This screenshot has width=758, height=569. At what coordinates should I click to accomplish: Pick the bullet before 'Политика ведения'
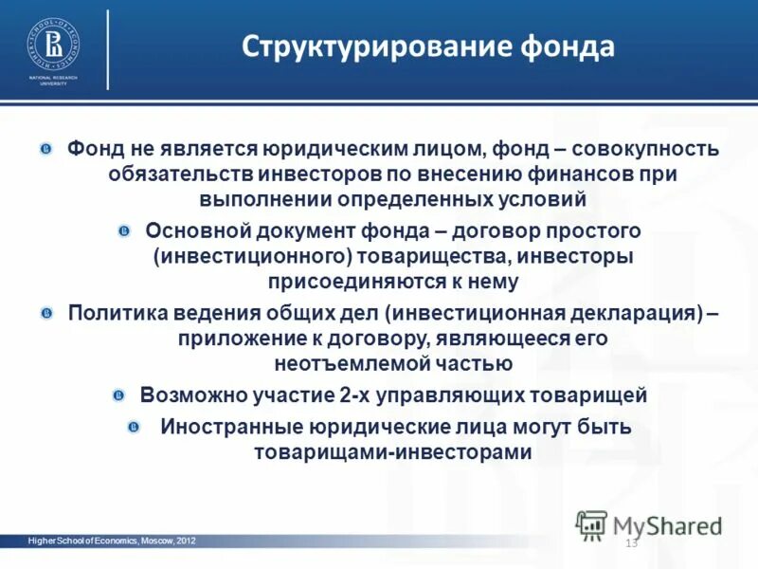click(x=47, y=313)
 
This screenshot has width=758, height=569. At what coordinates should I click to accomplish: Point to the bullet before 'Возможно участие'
click(x=118, y=395)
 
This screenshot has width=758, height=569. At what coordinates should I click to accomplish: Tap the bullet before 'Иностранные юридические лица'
click(x=136, y=428)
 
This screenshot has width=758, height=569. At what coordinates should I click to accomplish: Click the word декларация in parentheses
click(x=629, y=314)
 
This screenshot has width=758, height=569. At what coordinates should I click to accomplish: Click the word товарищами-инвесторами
click(x=392, y=452)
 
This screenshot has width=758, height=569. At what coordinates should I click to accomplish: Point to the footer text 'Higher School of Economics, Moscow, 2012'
click(x=112, y=541)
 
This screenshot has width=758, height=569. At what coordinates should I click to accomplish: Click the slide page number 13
click(x=631, y=543)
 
